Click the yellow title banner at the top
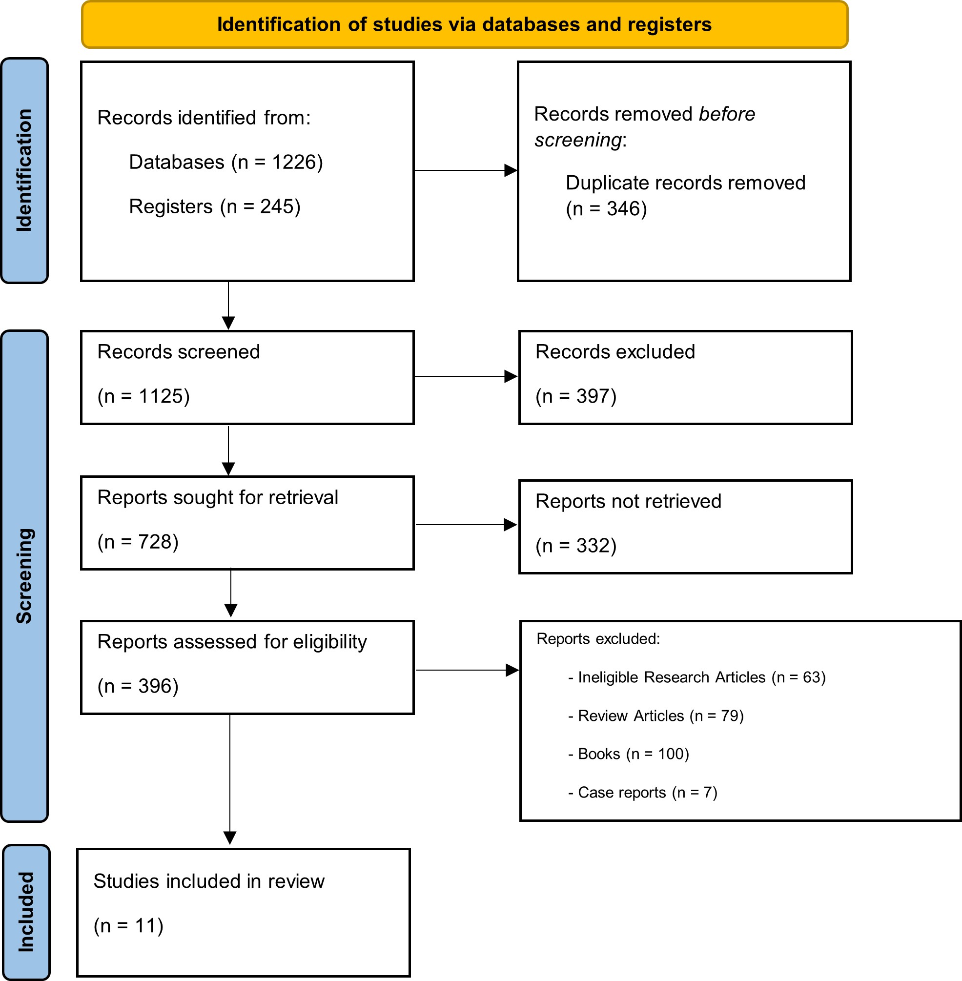(x=464, y=25)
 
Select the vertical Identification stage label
(x=24, y=170)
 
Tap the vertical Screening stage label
(x=24, y=576)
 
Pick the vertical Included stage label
(x=26, y=912)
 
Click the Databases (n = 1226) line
(x=226, y=162)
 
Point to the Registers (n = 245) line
(x=215, y=206)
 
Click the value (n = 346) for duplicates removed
(x=606, y=208)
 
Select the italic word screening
(x=578, y=140)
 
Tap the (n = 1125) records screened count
(x=143, y=396)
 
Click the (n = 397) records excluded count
(x=576, y=396)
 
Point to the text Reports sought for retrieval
(x=218, y=497)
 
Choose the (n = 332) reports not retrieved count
(x=576, y=546)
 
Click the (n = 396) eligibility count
(x=138, y=686)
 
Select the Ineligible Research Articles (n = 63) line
(x=697, y=677)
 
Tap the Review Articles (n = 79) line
(x=656, y=716)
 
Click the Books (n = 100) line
(x=629, y=754)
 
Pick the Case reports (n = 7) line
(x=643, y=793)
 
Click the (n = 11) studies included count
(x=129, y=925)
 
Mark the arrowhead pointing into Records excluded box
(x=512, y=376)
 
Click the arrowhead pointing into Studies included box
(x=230, y=838)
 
